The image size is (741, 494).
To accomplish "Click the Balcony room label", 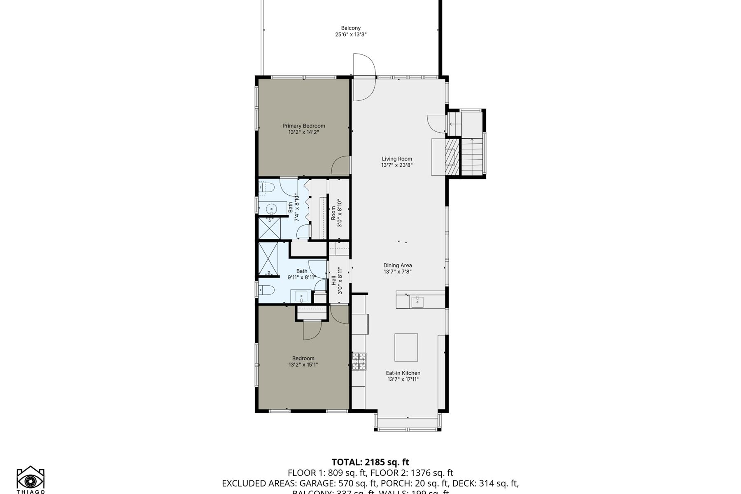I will pos(351,28).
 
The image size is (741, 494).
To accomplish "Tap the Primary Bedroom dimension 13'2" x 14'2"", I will pos(303,132).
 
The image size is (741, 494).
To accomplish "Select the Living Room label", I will pos(397,158).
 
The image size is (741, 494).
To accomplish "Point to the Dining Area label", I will pos(398,265).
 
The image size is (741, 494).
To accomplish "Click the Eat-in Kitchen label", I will pos(403,373).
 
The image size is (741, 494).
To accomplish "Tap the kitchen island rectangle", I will pos(406,347).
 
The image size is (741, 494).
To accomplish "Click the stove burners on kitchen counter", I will pos(359,361).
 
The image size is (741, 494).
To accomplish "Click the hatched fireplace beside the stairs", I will pos(452,157).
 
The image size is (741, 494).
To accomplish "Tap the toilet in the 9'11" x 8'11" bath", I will pos(267,290).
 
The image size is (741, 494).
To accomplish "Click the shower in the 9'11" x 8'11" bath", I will pos(268,259).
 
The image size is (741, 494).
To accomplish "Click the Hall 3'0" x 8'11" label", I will pos(337,281).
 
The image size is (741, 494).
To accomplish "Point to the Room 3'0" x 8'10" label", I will pos(336,213).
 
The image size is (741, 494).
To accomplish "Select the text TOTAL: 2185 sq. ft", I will pos(370,462).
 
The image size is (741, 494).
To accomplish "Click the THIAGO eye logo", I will pos(30,480).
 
